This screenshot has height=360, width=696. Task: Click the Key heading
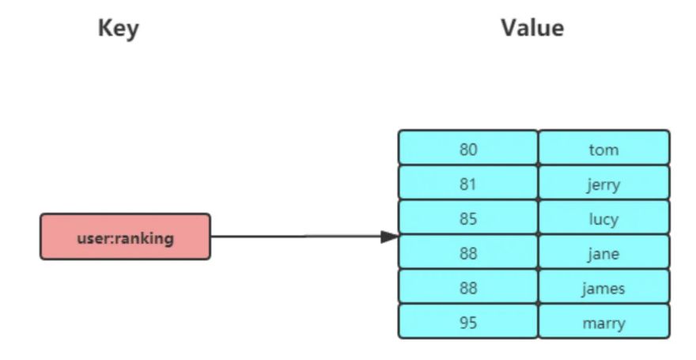(118, 29)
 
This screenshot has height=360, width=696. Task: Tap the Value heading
(532, 29)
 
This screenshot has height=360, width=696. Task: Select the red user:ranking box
(125, 237)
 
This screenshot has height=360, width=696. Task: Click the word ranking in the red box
(145, 237)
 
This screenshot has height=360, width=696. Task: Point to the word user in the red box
(93, 237)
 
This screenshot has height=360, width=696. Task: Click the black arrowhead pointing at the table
(389, 237)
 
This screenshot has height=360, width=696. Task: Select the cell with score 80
(467, 149)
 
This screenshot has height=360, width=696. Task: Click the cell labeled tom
(603, 149)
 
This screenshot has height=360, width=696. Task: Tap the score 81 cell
(467, 184)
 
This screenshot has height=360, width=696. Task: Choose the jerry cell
(603, 184)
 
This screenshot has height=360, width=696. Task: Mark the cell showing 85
(467, 218)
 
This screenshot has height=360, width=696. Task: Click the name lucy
(603, 218)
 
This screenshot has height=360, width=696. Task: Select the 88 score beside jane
(467, 253)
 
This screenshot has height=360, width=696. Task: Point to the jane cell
(603, 253)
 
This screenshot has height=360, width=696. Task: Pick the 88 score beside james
(467, 288)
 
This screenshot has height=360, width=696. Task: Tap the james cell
(603, 288)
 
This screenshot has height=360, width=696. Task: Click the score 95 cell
(467, 323)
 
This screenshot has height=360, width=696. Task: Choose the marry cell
(603, 323)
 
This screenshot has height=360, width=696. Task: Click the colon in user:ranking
(113, 238)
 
